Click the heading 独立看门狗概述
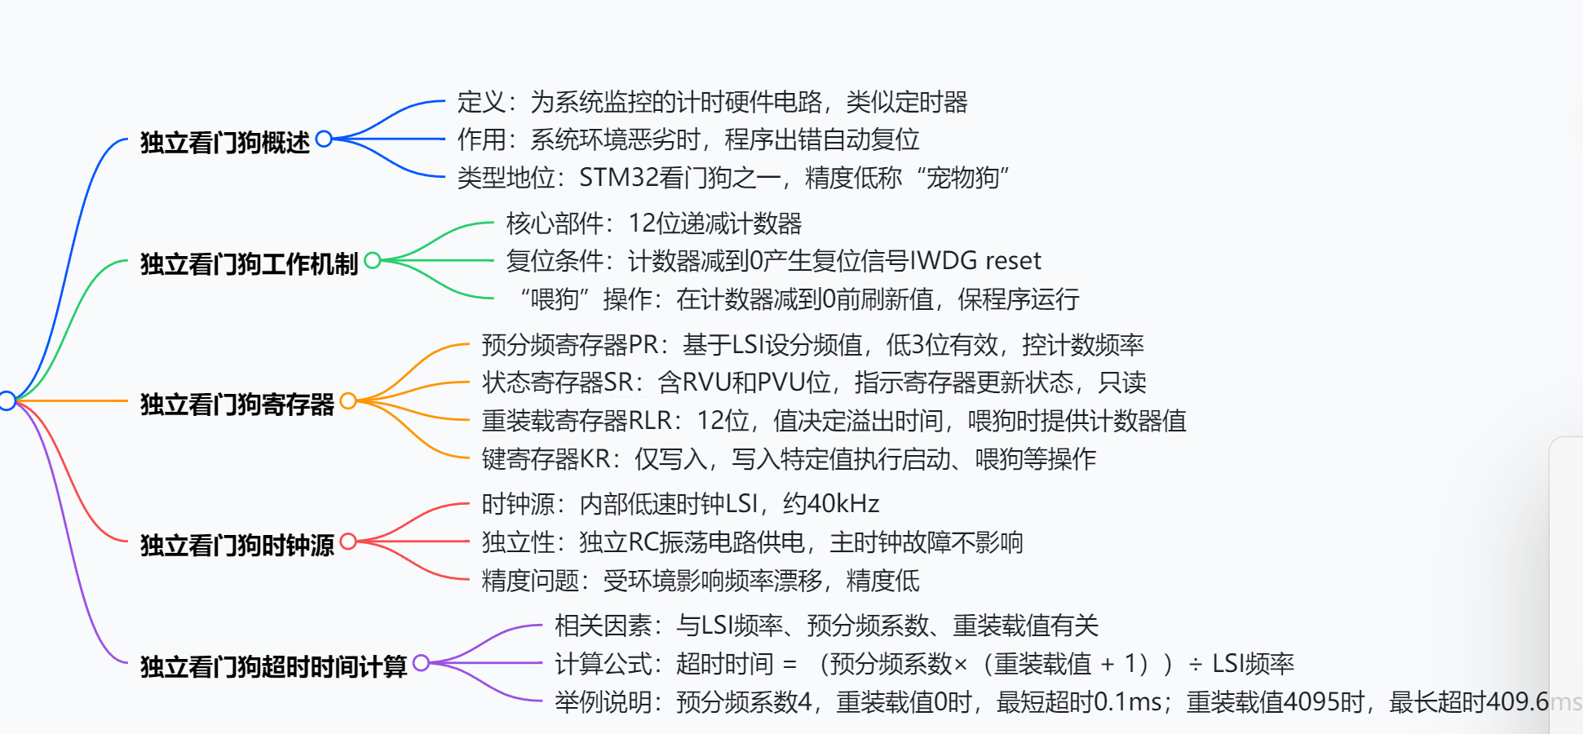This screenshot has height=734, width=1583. coord(224,143)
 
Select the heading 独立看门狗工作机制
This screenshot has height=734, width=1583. coord(249,264)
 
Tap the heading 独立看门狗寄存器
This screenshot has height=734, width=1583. coord(237,405)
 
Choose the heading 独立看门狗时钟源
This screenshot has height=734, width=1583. coord(237,545)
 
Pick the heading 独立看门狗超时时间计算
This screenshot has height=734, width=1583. coord(273,666)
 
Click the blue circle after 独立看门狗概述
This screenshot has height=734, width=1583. coord(324,139)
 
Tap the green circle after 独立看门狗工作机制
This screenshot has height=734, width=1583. coord(373,260)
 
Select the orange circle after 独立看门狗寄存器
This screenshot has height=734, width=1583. coord(348,400)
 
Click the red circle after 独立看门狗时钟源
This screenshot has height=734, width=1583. coord(348,541)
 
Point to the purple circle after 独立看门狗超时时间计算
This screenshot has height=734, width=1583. coord(421,662)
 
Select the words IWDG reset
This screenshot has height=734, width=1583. coord(975,261)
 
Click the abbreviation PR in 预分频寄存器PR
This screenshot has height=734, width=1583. coord(643,345)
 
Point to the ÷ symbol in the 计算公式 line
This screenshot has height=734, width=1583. coord(1196,665)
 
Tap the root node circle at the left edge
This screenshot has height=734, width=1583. coord(7,400)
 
